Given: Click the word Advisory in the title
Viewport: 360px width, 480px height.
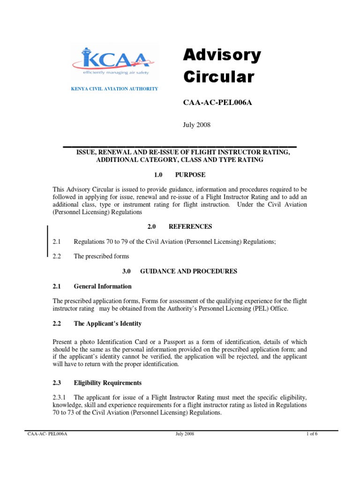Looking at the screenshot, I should pos(221,55).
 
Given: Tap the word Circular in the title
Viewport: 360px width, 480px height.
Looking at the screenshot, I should pos(218,76).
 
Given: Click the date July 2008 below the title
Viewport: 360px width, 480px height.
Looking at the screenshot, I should pos(196,125).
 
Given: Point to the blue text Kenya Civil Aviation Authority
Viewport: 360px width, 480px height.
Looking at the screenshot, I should pos(114,89).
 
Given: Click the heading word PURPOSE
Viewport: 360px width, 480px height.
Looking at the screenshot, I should pos(190,175).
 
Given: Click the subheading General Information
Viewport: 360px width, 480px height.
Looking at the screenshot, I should pos(103,286).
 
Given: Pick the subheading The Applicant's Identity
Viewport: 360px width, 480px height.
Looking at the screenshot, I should pos(108,324).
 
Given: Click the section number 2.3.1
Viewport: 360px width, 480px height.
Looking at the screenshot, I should pos(60,397).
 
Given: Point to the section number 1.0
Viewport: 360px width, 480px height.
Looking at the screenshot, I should pos(157,175).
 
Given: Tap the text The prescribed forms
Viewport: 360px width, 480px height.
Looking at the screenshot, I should pos(101,256).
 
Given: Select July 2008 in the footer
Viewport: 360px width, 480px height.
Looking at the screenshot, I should pos(185,434).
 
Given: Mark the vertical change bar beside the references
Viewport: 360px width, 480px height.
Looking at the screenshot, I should pos(47,241).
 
